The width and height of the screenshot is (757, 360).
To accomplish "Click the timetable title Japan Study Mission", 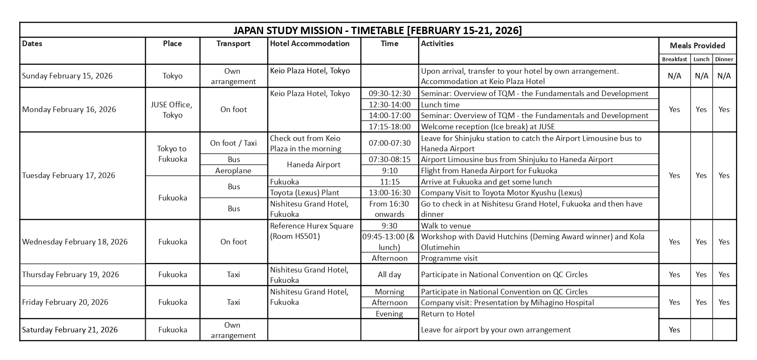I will tap(377, 30).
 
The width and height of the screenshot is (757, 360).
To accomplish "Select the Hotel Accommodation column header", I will tap(310, 44).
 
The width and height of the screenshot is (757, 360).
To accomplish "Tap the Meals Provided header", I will tap(697, 46).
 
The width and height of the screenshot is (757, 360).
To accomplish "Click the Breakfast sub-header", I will tap(674, 59).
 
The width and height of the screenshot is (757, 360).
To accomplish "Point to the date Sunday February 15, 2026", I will tap(67, 76).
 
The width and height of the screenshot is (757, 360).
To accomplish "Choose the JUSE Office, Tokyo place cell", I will tap(173, 110).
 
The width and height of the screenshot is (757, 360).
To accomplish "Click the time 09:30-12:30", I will tap(389, 94).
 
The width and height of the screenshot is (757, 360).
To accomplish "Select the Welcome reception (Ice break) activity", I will tap(487, 127).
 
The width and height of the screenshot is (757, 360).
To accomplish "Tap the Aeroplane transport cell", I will tap(233, 171).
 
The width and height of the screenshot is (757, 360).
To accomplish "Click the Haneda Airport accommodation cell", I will tap(314, 165).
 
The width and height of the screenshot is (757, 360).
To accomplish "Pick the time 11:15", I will tap(389, 182).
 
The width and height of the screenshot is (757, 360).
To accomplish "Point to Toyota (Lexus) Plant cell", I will tap(305, 193).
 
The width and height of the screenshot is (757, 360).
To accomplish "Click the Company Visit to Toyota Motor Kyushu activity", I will tap(501, 193).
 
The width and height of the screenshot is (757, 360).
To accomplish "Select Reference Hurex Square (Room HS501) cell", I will tap(312, 231).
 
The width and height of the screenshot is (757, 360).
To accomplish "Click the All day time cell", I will tap(389, 275).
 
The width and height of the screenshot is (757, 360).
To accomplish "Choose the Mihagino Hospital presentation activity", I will tap(507, 303).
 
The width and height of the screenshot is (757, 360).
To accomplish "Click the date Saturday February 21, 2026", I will tap(70, 330).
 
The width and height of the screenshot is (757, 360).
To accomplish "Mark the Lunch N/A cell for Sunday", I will tap(701, 76).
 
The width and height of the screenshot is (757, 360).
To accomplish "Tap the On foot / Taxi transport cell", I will tap(233, 143).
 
